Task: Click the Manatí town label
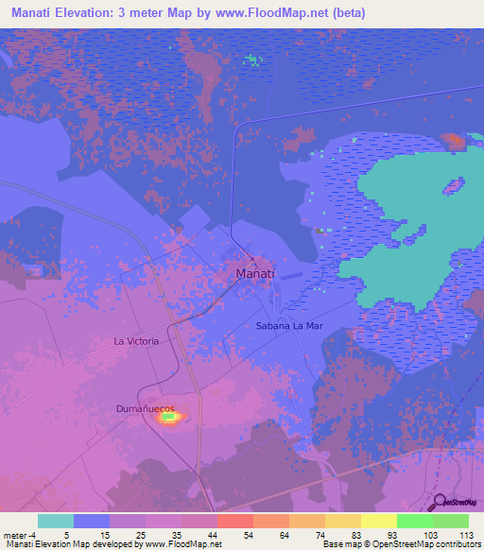point(254,274)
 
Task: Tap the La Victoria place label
point(135,340)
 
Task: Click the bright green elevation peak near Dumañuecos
point(168,415)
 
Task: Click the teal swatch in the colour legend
point(55,521)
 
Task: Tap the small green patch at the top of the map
point(252,60)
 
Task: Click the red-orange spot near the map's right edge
point(456,142)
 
